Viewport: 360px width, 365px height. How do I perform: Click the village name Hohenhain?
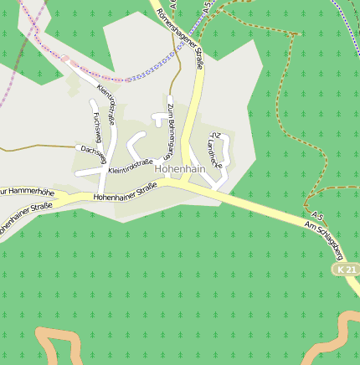[x=180, y=168]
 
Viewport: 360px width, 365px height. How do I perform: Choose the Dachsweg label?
[x=94, y=152]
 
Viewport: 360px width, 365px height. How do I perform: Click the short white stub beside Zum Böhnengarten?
[x=157, y=120]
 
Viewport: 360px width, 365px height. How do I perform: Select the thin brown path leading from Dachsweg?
[x=33, y=148]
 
